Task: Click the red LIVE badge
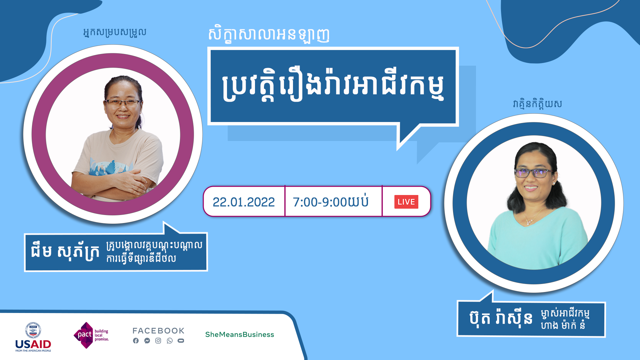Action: pyautogui.click(x=406, y=202)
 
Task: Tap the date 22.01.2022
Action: pyautogui.click(x=244, y=202)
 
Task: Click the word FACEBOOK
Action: pyautogui.click(x=158, y=331)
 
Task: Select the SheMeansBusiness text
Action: pyautogui.click(x=239, y=334)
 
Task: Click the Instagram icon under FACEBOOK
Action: pyautogui.click(x=158, y=341)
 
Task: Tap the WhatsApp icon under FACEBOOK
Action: pyautogui.click(x=170, y=341)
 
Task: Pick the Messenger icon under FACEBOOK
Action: pyautogui.click(x=147, y=341)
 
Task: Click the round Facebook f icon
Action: pyautogui.click(x=136, y=341)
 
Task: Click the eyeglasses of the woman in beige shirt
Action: pyautogui.click(x=123, y=103)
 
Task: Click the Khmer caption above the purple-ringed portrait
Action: pyautogui.click(x=115, y=32)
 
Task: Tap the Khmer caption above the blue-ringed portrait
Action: pyautogui.click(x=537, y=104)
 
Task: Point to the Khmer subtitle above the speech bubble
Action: pyautogui.click(x=269, y=34)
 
